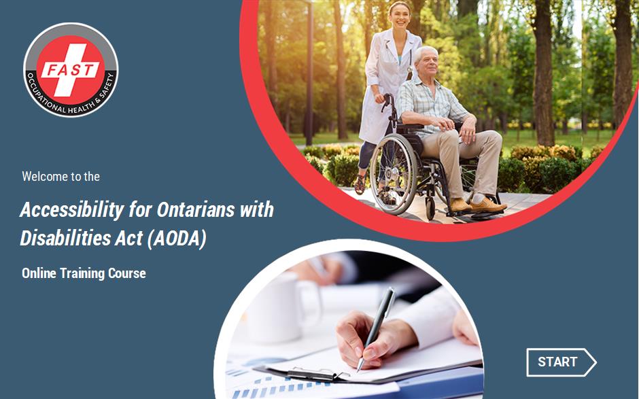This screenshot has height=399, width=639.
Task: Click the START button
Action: tap(561, 362)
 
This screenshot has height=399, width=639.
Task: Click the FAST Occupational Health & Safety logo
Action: tap(71, 70)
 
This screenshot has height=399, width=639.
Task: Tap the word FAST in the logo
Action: tap(70, 70)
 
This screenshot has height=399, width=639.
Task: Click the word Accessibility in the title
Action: tap(72, 211)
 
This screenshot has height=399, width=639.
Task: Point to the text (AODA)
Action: tap(177, 239)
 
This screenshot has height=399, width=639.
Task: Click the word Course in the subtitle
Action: tap(126, 273)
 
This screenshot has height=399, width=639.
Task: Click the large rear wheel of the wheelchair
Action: tap(394, 174)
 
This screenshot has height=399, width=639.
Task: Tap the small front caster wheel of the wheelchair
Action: tap(430, 208)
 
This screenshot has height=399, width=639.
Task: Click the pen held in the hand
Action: tap(376, 329)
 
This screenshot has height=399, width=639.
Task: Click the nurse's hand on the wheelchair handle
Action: tap(380, 99)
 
